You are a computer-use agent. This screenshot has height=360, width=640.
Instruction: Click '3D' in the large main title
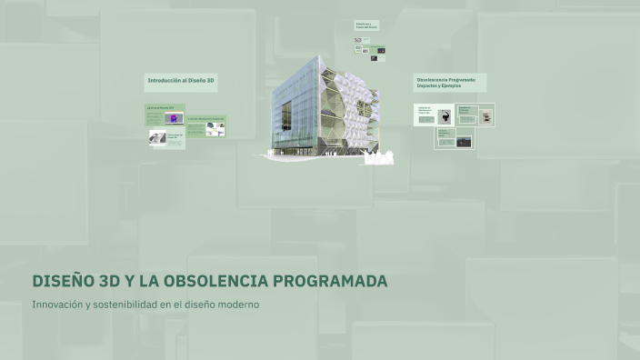click(x=107, y=281)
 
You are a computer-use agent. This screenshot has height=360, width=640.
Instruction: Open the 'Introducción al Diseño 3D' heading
click(x=181, y=81)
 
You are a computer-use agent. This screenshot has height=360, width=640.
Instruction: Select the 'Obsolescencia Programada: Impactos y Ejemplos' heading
click(x=450, y=82)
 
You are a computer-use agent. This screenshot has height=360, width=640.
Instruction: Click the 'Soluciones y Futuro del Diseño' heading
click(x=367, y=25)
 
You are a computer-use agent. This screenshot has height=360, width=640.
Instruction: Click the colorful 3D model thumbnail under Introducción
click(x=171, y=118)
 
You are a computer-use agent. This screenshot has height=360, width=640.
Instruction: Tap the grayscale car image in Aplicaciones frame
click(x=158, y=137)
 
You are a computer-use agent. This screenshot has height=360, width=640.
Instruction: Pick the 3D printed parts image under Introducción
click(x=215, y=129)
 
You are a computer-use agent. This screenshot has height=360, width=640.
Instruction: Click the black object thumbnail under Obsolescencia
click(x=445, y=115)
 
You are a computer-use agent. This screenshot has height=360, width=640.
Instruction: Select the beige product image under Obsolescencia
click(x=486, y=116)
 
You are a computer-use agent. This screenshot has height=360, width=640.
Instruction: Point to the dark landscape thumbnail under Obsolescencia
click(x=465, y=141)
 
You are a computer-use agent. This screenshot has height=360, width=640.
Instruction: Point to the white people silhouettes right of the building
click(x=379, y=158)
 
